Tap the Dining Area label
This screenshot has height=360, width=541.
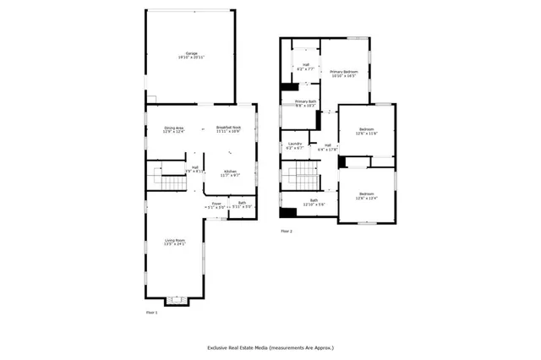point(173,129)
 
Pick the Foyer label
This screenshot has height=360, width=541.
point(216,204)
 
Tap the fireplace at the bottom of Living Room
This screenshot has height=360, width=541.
point(177,299)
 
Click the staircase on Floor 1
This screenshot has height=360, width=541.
point(161,177)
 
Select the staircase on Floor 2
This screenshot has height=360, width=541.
point(301,179)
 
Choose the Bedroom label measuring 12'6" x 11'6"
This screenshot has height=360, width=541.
point(366,131)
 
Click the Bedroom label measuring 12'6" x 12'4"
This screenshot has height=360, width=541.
point(367,195)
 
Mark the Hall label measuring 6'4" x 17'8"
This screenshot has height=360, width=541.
point(326,147)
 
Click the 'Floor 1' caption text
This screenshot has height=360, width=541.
point(152,312)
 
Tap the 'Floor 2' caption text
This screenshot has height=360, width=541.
point(286,231)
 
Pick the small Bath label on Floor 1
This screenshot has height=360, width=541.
point(242,204)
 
